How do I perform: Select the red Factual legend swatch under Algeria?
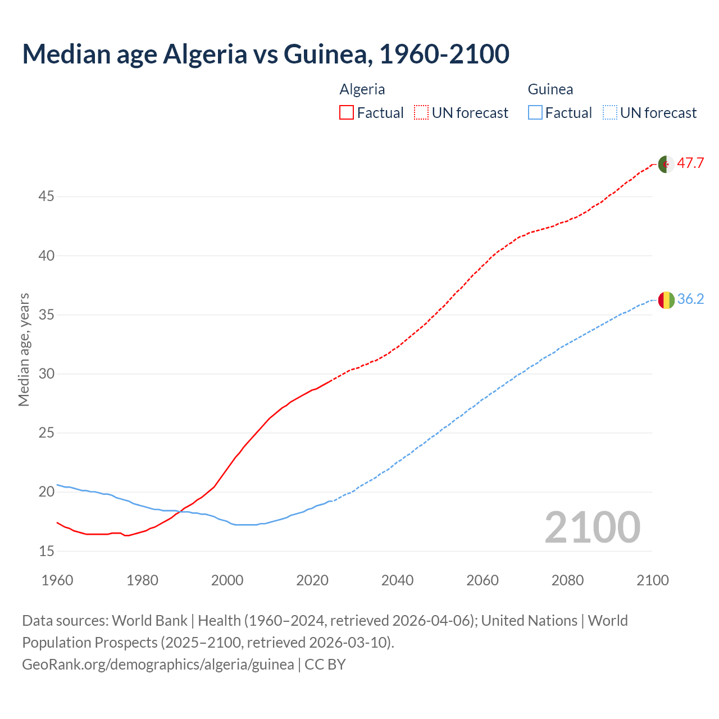[x=347, y=113]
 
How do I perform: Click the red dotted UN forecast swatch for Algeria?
[x=421, y=113]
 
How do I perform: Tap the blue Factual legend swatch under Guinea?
[x=535, y=113]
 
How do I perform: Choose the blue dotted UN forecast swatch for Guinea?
[x=610, y=113]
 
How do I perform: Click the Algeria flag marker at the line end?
[x=666, y=164]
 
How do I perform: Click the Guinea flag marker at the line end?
[x=666, y=300]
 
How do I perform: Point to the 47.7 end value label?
[x=690, y=163]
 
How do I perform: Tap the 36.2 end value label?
[x=690, y=299]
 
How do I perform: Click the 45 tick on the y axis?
[x=46, y=197]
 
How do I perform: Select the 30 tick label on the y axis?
[x=46, y=374]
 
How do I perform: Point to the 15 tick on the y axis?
[x=46, y=551]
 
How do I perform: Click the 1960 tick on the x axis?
[x=57, y=580]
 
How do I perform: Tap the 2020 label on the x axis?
[x=312, y=580]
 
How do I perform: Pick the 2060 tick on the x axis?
[x=483, y=580]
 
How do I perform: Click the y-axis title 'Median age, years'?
[x=24, y=349]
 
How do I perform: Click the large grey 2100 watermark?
[x=592, y=527]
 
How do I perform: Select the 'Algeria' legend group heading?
[x=362, y=89]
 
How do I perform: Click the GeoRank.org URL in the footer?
[x=158, y=665]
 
